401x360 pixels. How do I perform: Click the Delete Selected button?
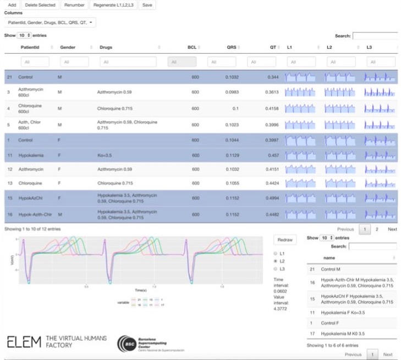40,5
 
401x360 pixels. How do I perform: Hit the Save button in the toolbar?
146,5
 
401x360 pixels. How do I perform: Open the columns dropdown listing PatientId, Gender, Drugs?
50,23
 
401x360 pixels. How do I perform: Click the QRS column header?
231,48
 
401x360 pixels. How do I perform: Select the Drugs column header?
106,48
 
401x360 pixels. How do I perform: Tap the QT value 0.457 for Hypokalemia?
273,156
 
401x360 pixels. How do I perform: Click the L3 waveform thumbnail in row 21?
380,77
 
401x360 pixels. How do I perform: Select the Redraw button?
284,240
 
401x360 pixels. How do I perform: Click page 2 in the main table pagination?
377,229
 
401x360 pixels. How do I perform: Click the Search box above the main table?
375,36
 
